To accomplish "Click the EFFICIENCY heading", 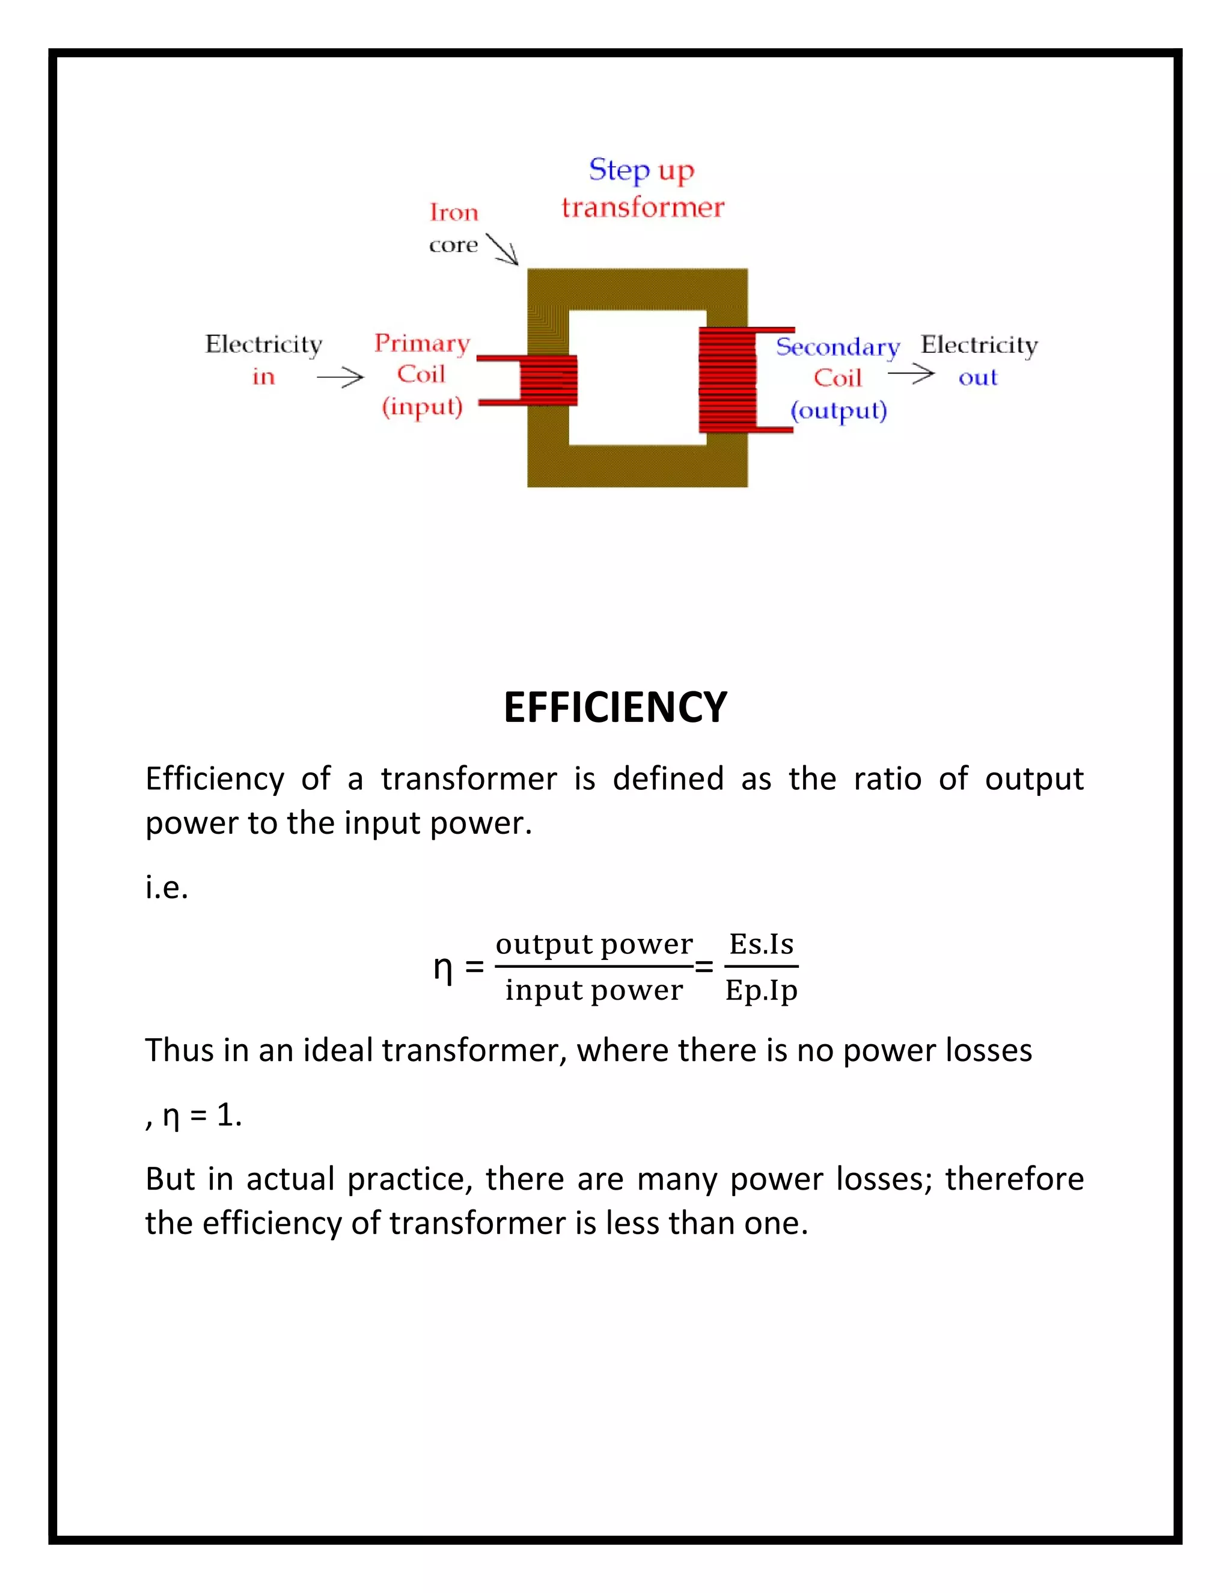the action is click(x=615, y=708).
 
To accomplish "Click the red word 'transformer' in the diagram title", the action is click(x=643, y=208).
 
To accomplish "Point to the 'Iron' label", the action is click(x=454, y=212).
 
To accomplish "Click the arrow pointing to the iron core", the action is click(x=502, y=249).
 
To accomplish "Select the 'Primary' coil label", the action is click(x=421, y=343).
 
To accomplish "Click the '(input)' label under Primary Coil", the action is click(x=421, y=406).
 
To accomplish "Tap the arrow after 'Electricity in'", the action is click(x=340, y=377).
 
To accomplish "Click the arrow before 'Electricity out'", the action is click(x=911, y=374).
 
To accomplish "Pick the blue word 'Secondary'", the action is click(x=837, y=347).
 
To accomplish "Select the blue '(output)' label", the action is click(x=838, y=411).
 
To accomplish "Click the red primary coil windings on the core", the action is click(x=548, y=380).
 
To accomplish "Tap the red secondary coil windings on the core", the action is click(x=727, y=380).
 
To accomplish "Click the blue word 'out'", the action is click(x=977, y=378).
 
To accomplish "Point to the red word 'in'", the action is click(x=263, y=377).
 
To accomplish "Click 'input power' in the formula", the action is click(x=594, y=991).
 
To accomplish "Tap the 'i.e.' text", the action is click(x=167, y=888).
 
